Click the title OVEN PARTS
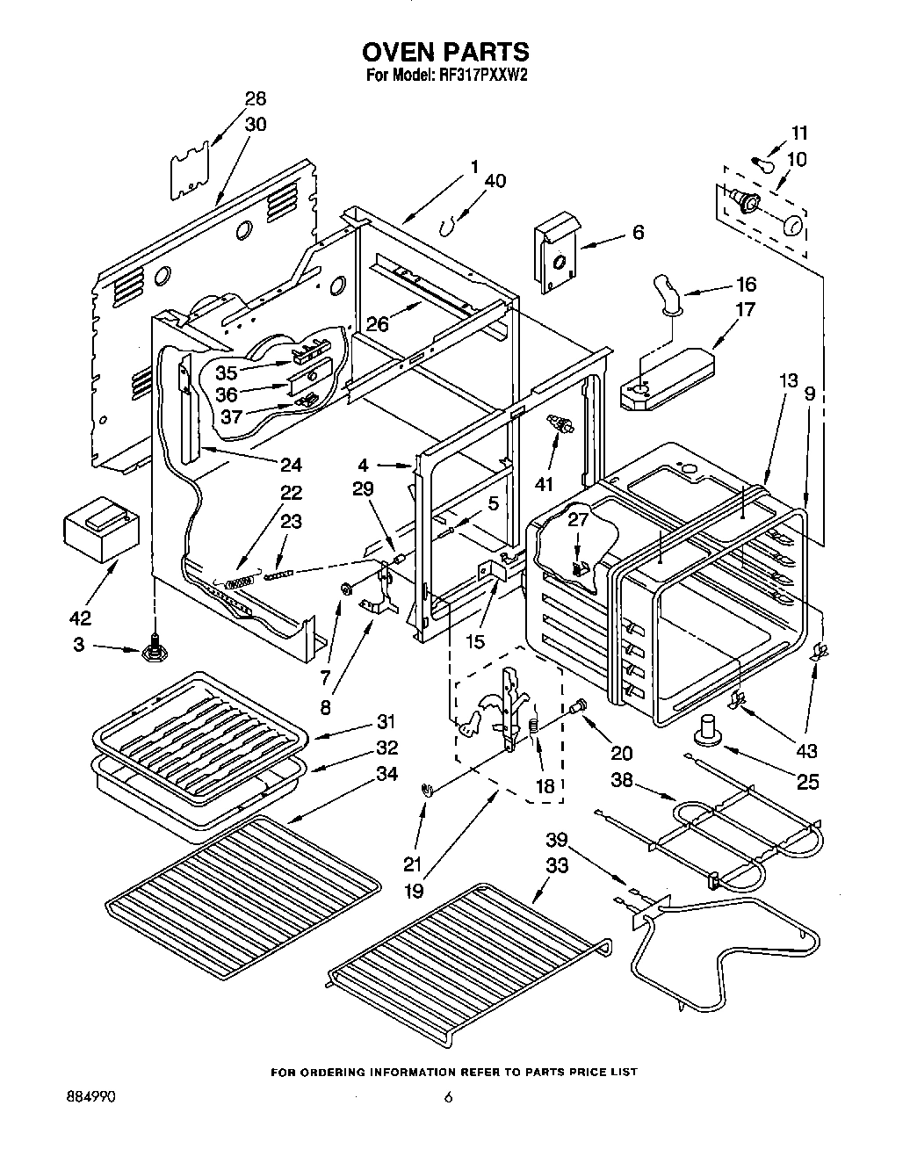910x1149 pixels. click(x=447, y=52)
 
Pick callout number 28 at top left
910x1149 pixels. click(x=255, y=98)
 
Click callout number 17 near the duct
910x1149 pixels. click(x=745, y=310)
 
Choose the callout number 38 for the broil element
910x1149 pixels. click(x=623, y=779)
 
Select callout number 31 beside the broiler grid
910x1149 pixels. click(x=386, y=722)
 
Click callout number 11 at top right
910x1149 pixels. click(x=798, y=134)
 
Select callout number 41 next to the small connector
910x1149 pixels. click(x=545, y=484)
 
